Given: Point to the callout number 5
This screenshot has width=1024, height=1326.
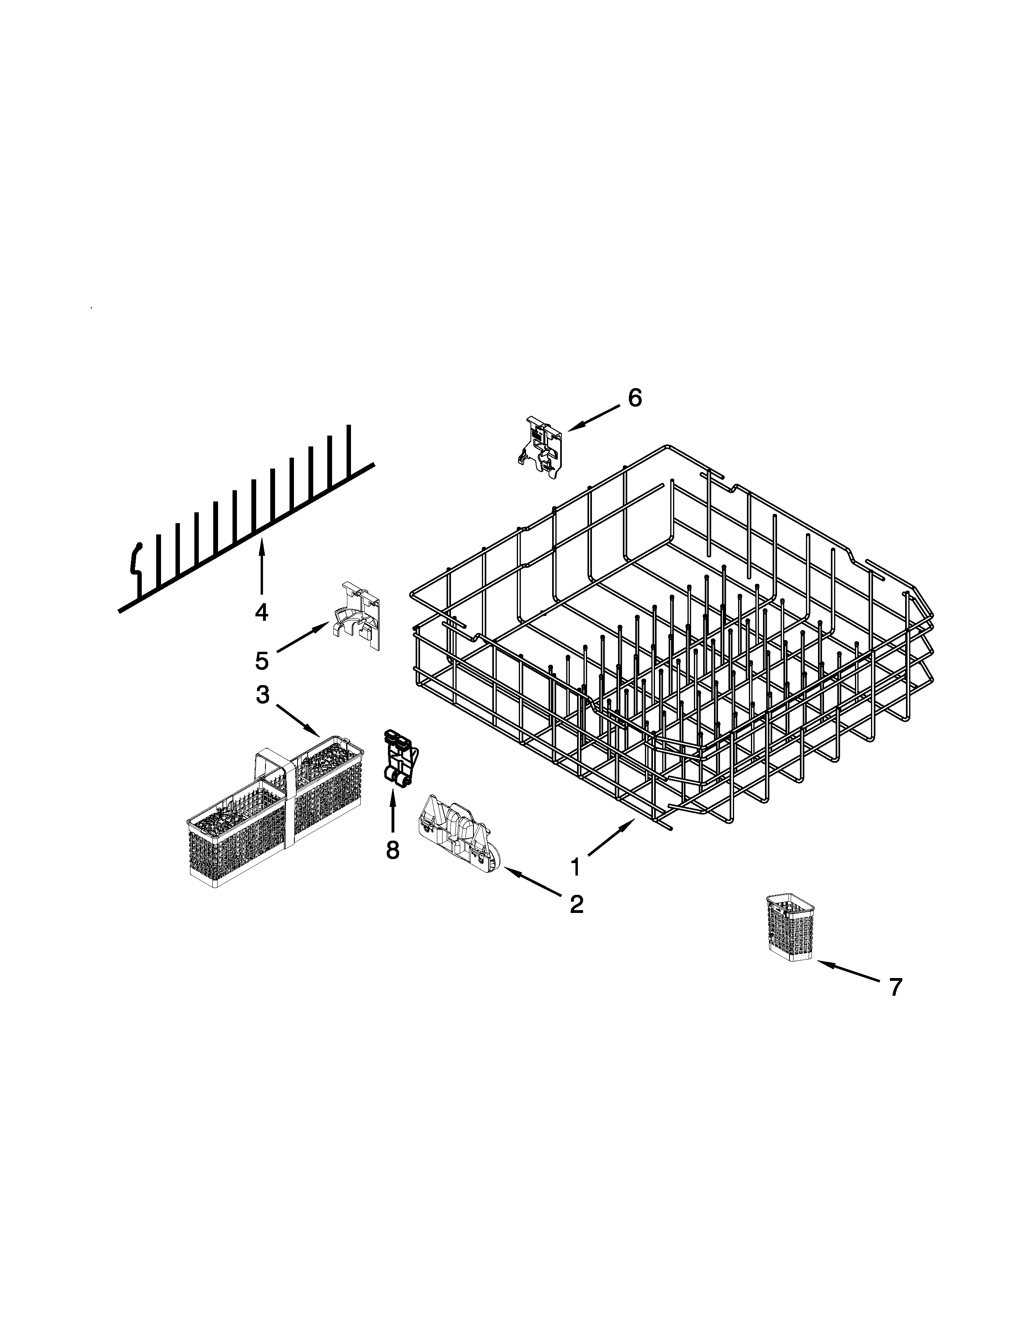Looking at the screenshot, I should pos(261,661).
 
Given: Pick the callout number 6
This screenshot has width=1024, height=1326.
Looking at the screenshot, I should pos(634,398).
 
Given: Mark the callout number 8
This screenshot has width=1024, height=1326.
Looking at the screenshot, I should pos(392,850).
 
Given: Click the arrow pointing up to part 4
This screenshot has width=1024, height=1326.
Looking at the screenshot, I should pos(261,565).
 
